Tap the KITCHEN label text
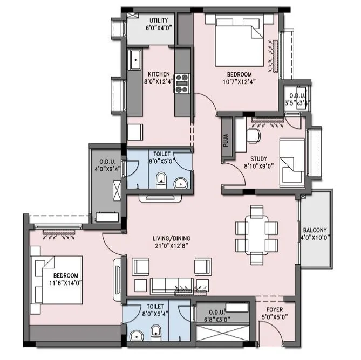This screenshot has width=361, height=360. coord(157,74)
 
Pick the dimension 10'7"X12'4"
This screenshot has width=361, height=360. coord(239,82)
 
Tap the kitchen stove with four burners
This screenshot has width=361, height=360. coord(182,82)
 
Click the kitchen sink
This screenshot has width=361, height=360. coord(133,59)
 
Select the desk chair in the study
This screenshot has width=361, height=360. coord(252,136)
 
